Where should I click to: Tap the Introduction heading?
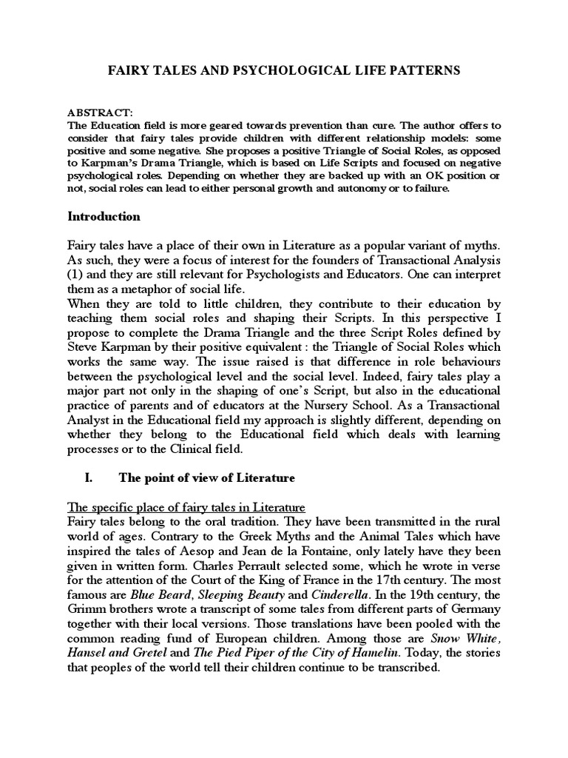click(x=104, y=217)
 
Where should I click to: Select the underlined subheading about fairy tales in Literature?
click(x=186, y=507)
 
